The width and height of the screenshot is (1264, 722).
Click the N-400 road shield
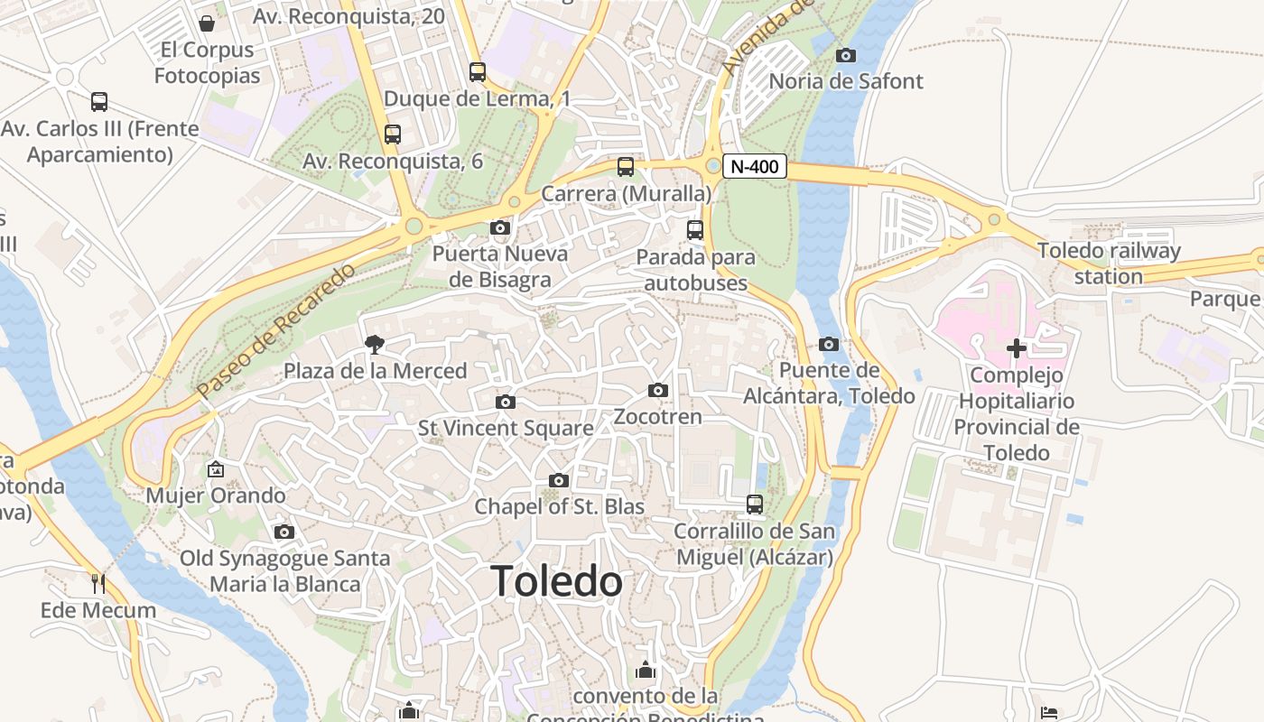(x=755, y=166)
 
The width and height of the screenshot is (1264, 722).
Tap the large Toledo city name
(x=557, y=581)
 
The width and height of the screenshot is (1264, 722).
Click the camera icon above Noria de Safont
(x=846, y=55)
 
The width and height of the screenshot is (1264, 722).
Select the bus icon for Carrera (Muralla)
(x=625, y=166)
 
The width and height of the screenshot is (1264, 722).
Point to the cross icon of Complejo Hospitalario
(x=1017, y=347)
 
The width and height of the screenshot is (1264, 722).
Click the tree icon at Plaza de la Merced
(x=374, y=344)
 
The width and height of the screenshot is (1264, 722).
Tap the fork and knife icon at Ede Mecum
(x=98, y=584)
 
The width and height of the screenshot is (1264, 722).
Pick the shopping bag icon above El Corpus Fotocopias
(x=207, y=23)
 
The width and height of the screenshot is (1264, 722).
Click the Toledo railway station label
(x=1109, y=264)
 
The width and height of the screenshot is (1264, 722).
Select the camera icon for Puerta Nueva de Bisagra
(x=500, y=227)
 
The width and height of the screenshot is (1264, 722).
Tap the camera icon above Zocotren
(x=658, y=390)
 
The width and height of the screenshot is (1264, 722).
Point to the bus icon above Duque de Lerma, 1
(x=478, y=71)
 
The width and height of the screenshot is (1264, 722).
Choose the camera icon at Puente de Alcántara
(x=829, y=344)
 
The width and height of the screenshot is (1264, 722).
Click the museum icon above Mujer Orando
(x=216, y=469)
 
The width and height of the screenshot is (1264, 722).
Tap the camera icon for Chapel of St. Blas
(x=559, y=480)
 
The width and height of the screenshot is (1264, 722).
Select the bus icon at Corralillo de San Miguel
(x=755, y=504)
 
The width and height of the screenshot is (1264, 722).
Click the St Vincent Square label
(x=506, y=428)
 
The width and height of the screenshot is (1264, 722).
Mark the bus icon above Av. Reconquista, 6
(x=393, y=134)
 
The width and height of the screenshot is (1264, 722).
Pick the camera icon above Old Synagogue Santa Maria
(x=284, y=532)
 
